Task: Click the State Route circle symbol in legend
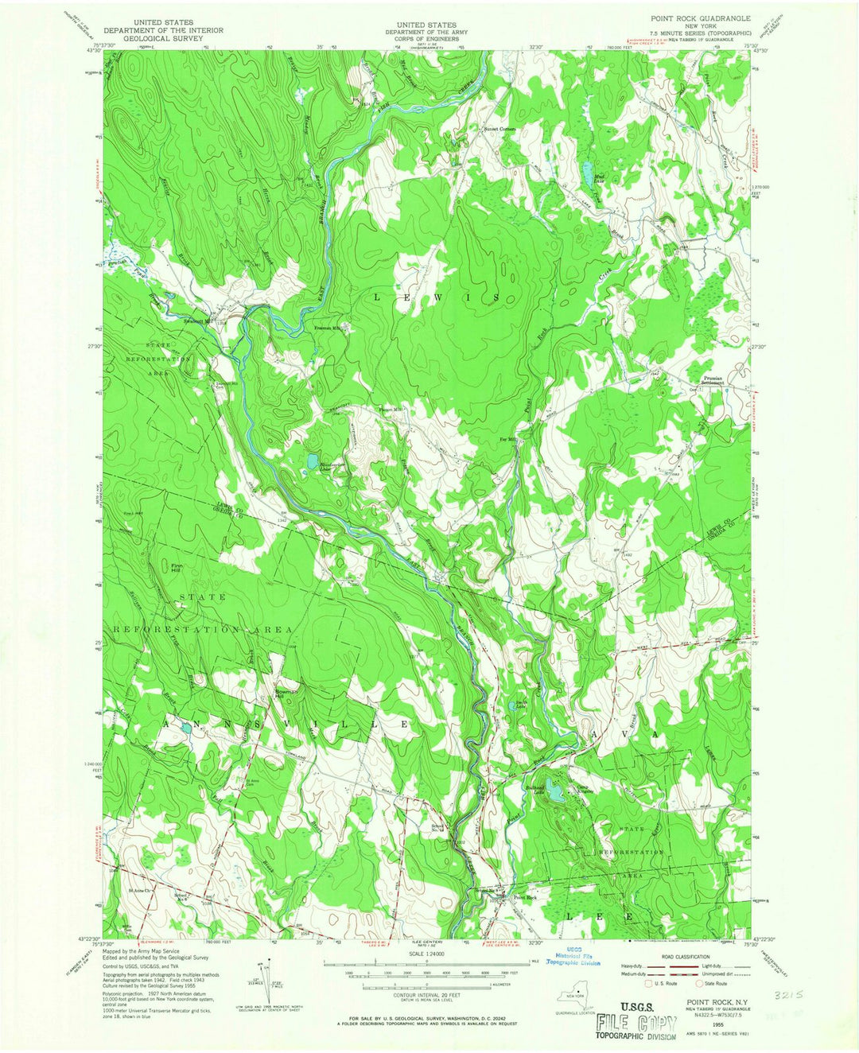click(701, 983)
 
